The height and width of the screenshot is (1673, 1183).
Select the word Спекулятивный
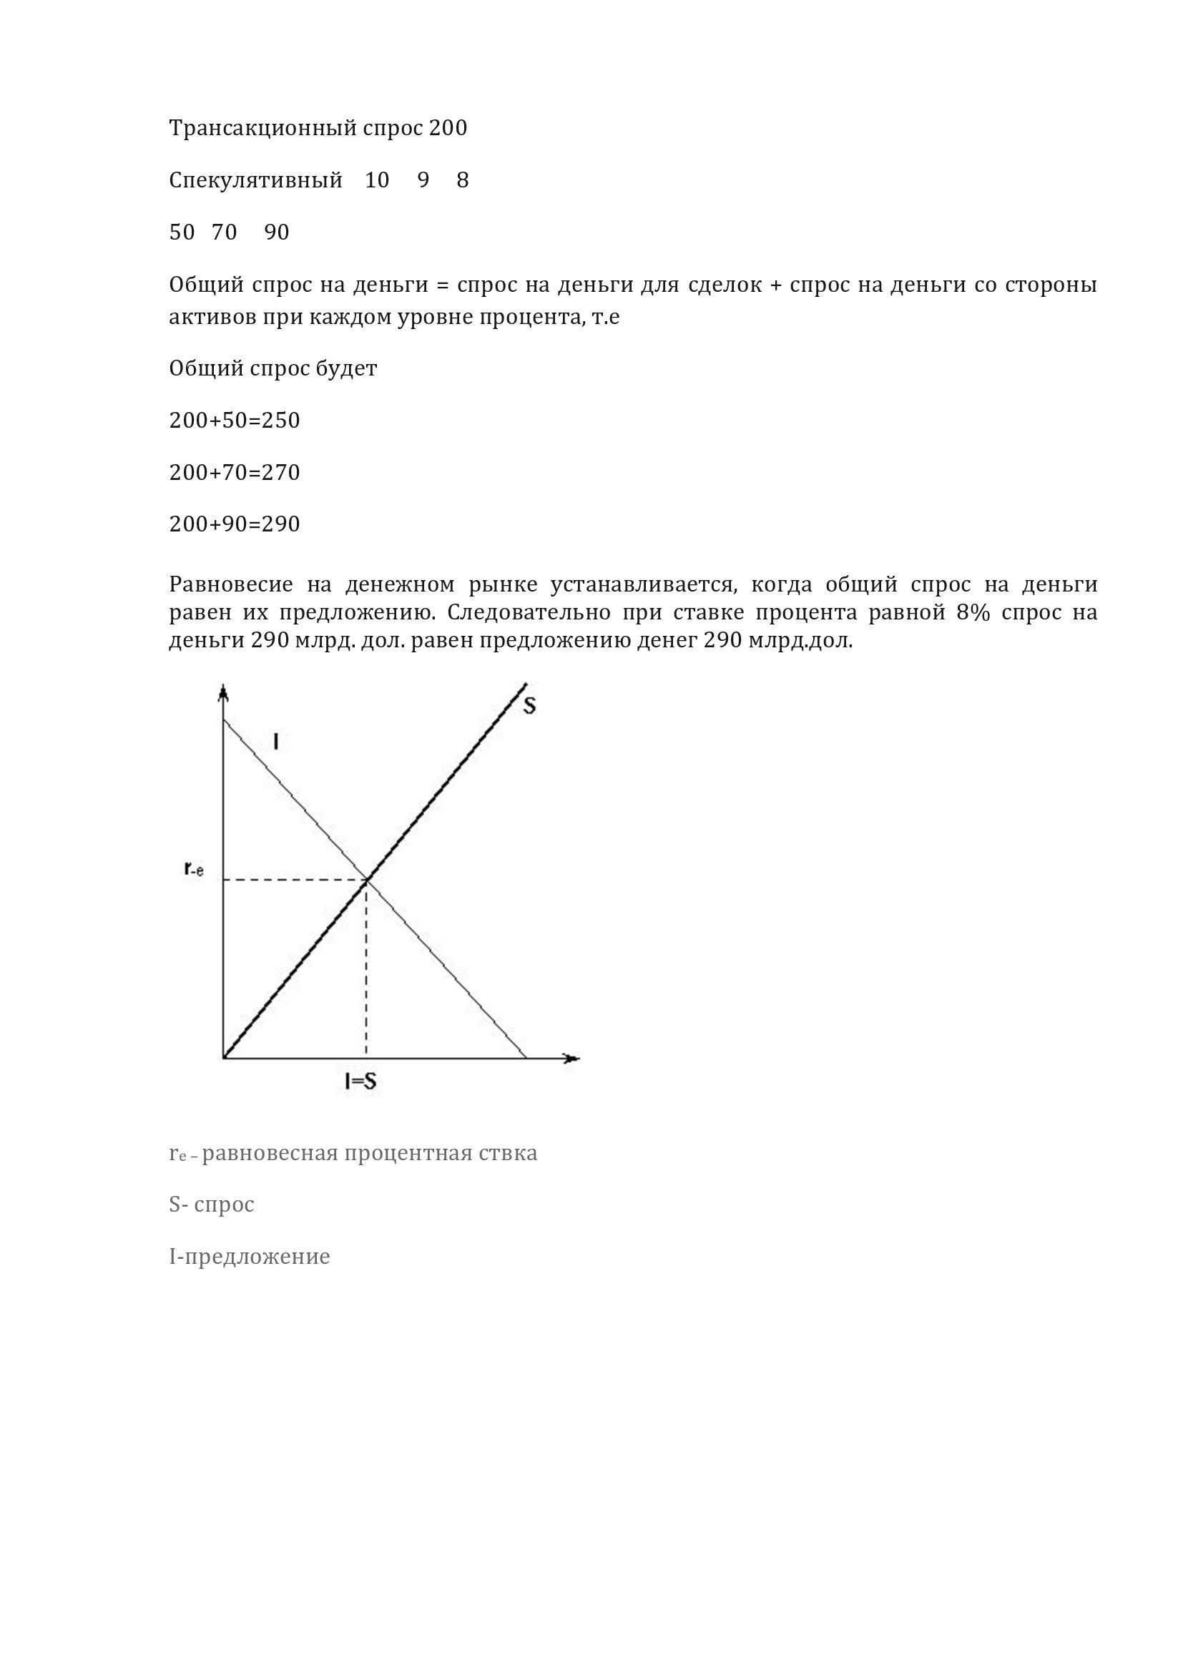(x=255, y=181)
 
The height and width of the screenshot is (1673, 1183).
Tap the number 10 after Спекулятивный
(x=377, y=180)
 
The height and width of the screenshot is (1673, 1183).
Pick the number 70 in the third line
(x=225, y=232)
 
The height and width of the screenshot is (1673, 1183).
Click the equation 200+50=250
(x=235, y=421)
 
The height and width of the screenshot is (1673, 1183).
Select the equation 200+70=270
(x=235, y=473)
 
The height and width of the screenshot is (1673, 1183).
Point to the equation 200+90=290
(x=235, y=524)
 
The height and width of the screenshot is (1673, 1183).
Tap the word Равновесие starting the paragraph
(x=231, y=584)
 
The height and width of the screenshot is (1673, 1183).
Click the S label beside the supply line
(x=529, y=705)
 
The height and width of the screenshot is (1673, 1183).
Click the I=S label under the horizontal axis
(x=360, y=1081)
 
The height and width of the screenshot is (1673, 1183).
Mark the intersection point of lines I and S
(x=366, y=880)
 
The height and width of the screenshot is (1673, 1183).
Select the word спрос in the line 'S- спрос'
(x=225, y=1205)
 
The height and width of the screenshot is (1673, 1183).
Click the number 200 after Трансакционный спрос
(x=448, y=129)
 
